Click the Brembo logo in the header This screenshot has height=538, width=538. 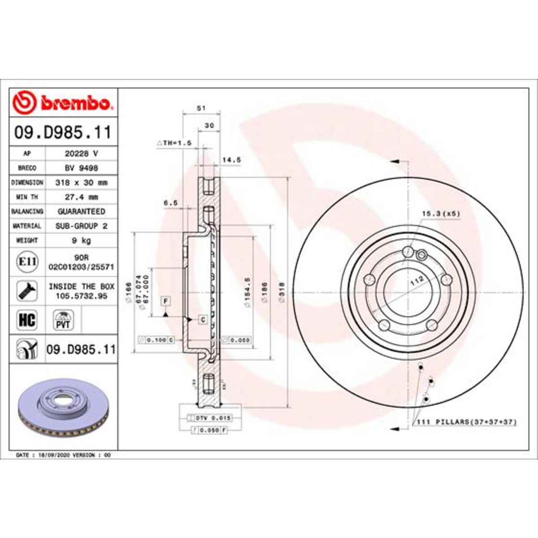click(63, 103)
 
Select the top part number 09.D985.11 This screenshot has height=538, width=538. click(63, 133)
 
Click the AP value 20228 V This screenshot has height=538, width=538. click(81, 153)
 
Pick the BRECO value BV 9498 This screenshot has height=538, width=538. click(81, 168)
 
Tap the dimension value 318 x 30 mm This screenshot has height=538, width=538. click(81, 182)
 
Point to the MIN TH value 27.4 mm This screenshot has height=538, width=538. click(81, 197)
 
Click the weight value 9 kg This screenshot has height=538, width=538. click(81, 240)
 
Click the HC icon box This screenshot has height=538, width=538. click(27, 320)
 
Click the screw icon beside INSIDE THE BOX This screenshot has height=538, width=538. click(27, 291)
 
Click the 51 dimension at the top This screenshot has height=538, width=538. click(202, 108)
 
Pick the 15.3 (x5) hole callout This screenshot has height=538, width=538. click(441, 214)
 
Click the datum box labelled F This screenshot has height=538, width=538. click(165, 300)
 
